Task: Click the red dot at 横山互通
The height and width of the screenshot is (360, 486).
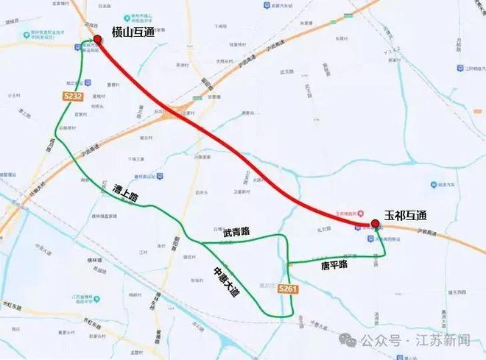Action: click(97, 39)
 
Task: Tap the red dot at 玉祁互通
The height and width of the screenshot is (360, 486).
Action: click(375, 223)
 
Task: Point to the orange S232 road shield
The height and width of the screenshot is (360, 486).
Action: click(72, 96)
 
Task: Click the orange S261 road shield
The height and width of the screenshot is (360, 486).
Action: click(289, 290)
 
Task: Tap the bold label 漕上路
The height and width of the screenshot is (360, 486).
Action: click(125, 197)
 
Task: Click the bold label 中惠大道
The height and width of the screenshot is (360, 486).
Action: click(225, 280)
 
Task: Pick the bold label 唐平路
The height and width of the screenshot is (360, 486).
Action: click(334, 263)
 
